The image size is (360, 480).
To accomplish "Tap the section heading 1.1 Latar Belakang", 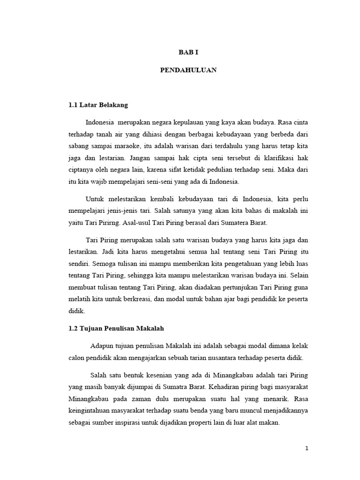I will coord(98,105).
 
